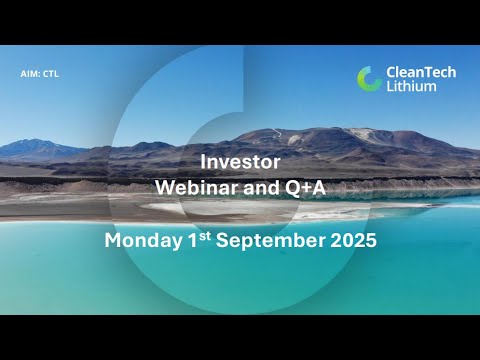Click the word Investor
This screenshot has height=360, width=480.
tap(240, 160)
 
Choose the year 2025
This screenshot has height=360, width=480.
tap(348, 241)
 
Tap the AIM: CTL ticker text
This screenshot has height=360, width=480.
tap(40, 74)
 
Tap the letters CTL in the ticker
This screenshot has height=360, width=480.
tap(51, 74)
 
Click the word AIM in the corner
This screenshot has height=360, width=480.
tap(28, 74)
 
